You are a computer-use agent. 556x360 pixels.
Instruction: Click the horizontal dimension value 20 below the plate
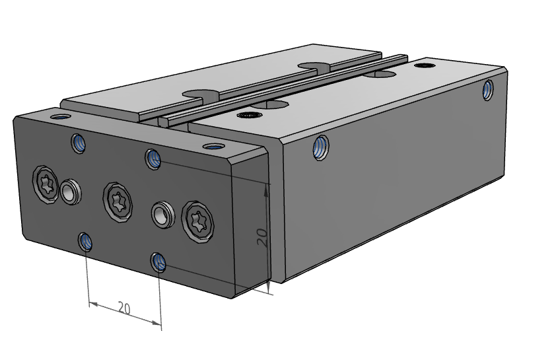point(124,307)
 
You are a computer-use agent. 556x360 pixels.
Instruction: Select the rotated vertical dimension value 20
point(262,237)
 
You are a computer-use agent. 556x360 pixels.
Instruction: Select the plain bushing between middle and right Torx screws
point(161,214)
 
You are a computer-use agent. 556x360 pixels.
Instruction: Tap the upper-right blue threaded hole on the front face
point(154,159)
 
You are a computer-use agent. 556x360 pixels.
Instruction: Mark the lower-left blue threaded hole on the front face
point(85,242)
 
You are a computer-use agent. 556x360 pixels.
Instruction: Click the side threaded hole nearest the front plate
point(321,147)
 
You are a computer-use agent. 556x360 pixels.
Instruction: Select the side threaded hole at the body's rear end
point(488,89)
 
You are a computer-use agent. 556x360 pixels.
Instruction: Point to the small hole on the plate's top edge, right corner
point(212,146)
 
